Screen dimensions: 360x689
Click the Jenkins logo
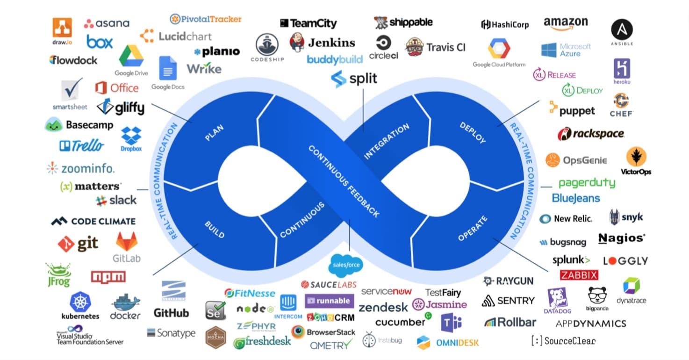[322, 43]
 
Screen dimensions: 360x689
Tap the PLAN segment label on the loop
[215, 133]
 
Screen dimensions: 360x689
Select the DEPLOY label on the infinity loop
[473, 133]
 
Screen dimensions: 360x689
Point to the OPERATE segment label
[473, 229]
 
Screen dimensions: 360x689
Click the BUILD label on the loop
[215, 229]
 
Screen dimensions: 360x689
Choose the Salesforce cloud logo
[346, 265]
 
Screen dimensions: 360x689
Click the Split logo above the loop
[354, 79]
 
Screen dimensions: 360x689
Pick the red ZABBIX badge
[579, 274]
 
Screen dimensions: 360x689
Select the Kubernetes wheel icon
[80, 302]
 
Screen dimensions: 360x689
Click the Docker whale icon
[125, 302]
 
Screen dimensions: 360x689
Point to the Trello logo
[81, 146]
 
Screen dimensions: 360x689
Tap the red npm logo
[108, 277]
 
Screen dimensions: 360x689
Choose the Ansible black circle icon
[622, 29]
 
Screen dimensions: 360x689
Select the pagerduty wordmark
[587, 183]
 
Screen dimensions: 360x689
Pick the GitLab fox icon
[127, 242]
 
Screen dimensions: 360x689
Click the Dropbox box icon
[131, 136]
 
